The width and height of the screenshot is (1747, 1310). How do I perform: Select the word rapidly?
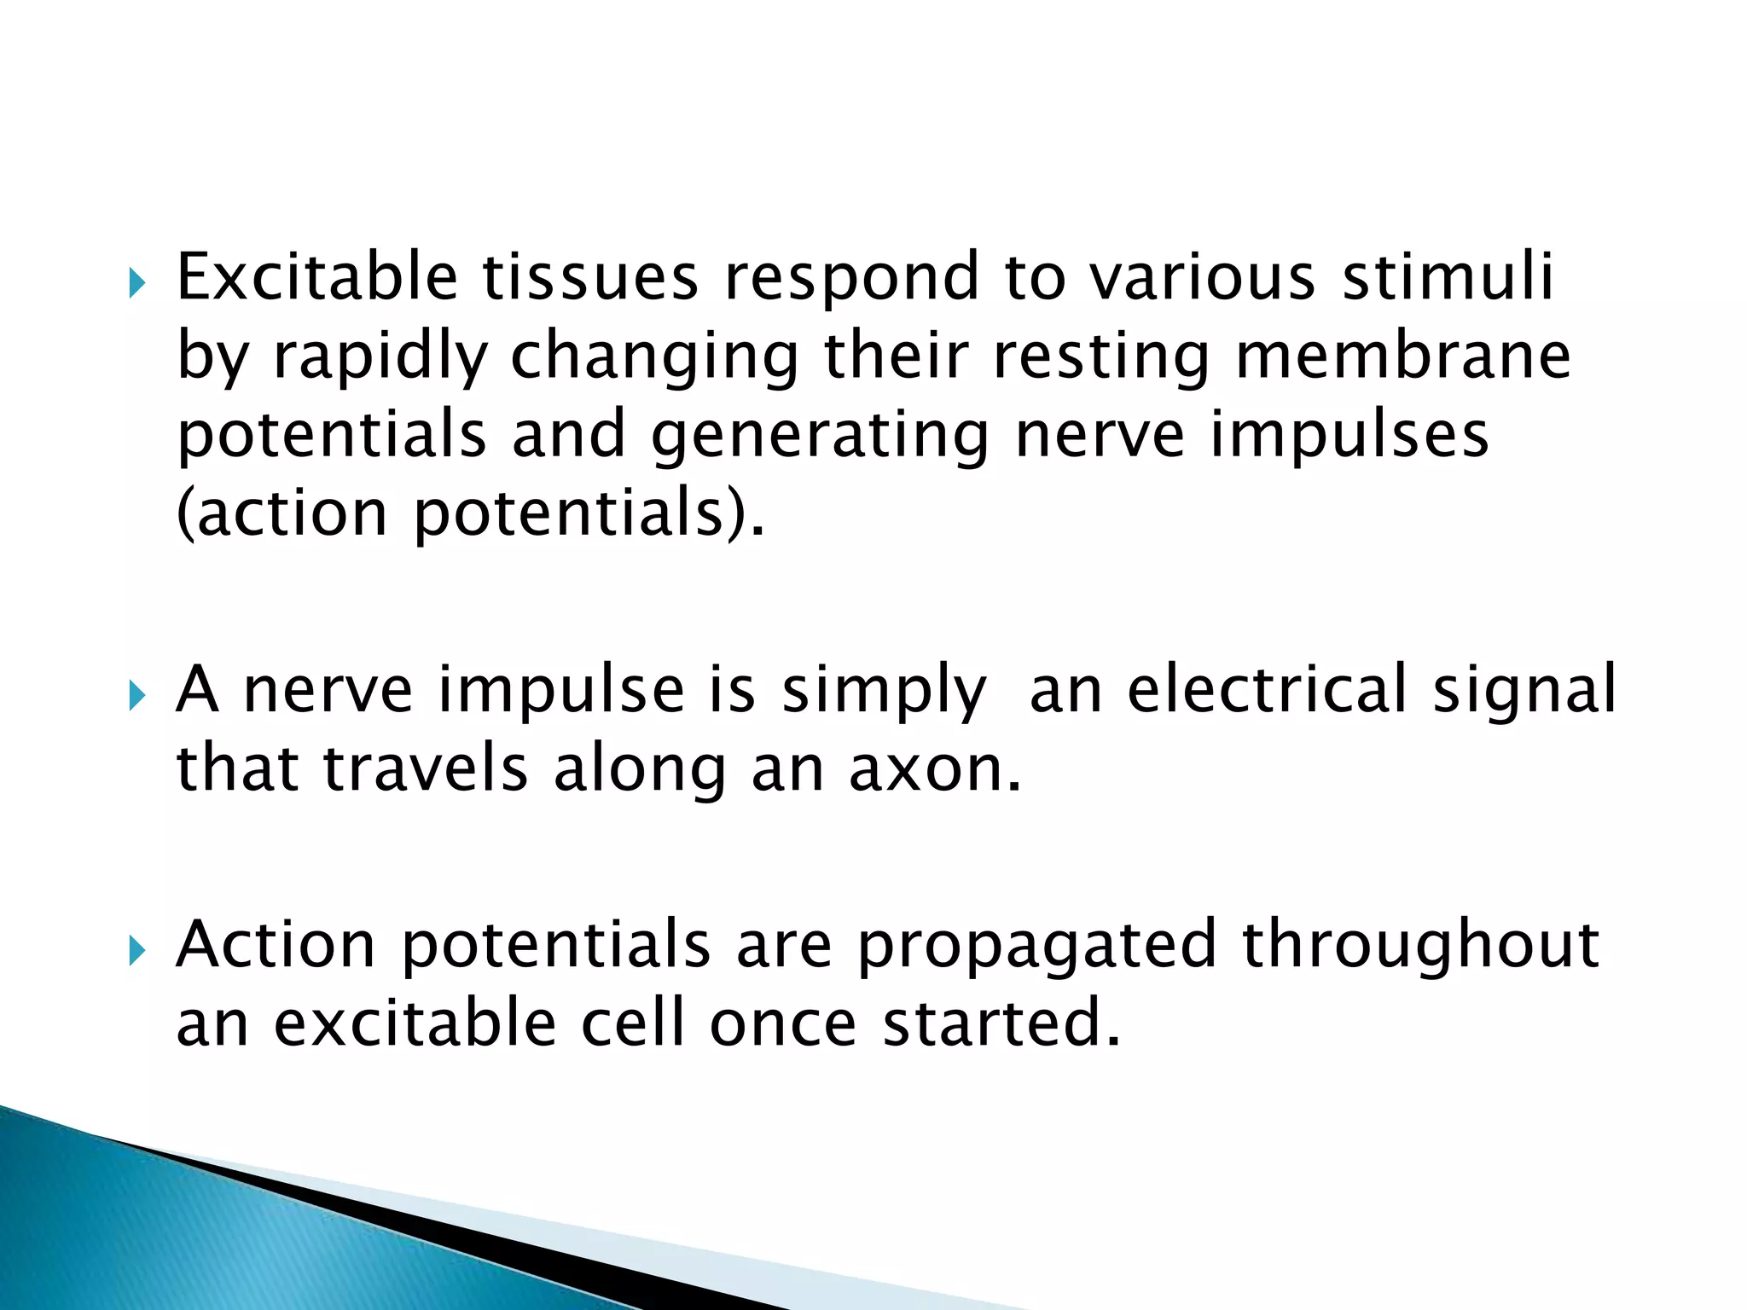click(380, 356)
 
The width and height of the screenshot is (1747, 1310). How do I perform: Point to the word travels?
click(426, 768)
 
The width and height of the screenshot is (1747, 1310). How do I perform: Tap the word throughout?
click(1421, 945)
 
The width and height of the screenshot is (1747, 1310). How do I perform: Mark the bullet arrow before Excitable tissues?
click(136, 283)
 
